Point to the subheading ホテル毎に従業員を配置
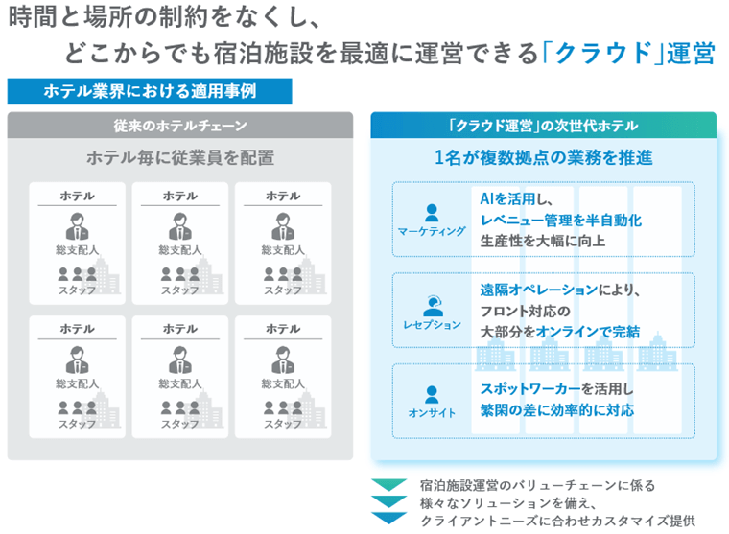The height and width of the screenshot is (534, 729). pos(180,157)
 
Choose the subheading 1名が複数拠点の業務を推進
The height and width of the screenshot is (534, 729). pos(543,157)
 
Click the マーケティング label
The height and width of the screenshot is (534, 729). pos(432,231)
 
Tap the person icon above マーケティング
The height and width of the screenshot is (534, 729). pos(432,212)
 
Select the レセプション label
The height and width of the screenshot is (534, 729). pos(432,324)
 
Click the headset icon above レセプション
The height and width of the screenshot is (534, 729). pos(433,304)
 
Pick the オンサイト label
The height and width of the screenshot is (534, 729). pos(432,413)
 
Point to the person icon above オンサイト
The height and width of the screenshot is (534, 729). pos(432,393)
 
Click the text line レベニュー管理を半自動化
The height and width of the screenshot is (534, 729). pos(560,220)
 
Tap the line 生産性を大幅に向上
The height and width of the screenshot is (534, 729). pos(543,240)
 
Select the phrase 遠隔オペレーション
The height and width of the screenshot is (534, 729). pos(538,290)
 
